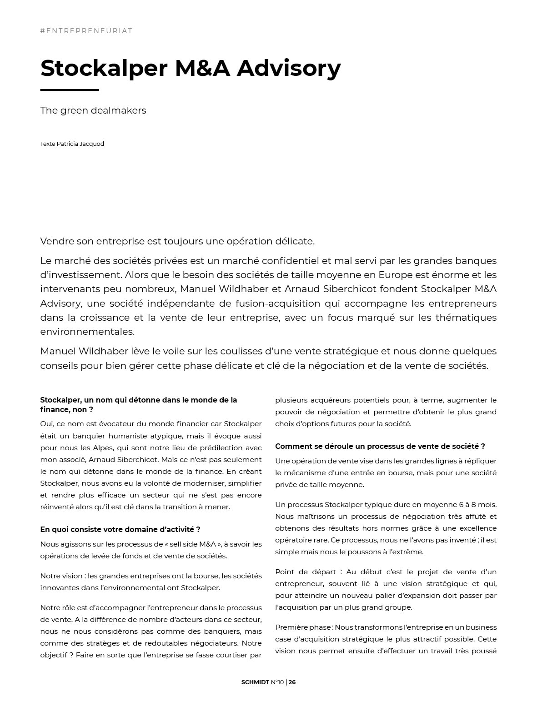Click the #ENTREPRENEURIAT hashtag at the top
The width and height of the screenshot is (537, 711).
tap(86, 31)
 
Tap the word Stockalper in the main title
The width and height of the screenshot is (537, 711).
tap(104, 68)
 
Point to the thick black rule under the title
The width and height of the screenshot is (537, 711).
tap(70, 90)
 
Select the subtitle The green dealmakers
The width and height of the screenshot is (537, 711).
tap(93, 110)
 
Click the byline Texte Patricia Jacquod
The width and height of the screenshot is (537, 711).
tap(72, 144)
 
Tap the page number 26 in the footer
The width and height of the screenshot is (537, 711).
tap(292, 682)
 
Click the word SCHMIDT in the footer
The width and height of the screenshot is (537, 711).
tap(256, 682)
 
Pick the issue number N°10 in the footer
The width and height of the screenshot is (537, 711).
tap(277, 682)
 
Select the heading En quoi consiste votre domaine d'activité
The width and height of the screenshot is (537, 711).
tap(120, 529)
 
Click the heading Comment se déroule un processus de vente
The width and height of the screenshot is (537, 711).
tap(380, 446)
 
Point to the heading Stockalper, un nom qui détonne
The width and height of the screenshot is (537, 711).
tap(139, 404)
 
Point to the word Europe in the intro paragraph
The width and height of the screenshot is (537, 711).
tap(398, 275)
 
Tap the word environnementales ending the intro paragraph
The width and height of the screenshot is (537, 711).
tap(87, 332)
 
